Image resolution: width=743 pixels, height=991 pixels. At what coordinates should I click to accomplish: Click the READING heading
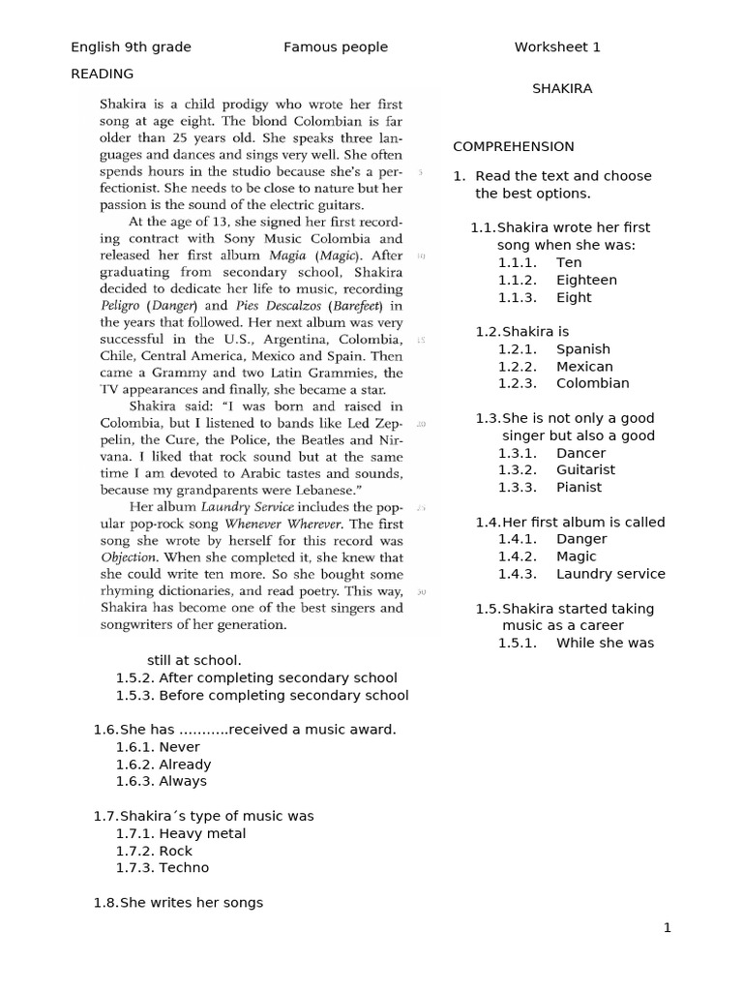[x=103, y=74]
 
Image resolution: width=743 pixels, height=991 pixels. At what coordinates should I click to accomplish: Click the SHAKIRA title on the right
[x=562, y=88]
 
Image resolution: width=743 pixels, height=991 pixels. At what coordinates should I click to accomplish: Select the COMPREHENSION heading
[x=514, y=146]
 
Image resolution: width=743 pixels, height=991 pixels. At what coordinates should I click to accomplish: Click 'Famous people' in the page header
[x=336, y=46]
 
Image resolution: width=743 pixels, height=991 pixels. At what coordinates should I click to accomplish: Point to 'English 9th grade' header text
[x=131, y=46]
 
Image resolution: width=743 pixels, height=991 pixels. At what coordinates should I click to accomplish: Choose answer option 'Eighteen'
[x=586, y=280]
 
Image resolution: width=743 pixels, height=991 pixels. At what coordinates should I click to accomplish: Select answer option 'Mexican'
[x=584, y=366]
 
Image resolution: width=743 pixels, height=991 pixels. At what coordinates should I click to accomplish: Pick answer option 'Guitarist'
[x=585, y=469]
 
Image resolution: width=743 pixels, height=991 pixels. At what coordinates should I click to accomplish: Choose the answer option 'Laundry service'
[x=610, y=573]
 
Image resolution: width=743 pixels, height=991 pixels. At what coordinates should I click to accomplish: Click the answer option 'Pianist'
[x=579, y=487]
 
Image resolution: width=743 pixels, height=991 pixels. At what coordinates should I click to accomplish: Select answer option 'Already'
[x=185, y=764]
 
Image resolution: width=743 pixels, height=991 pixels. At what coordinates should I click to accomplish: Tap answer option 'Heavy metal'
[x=202, y=832]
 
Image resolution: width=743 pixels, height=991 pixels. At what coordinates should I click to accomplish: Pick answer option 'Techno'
[x=184, y=867]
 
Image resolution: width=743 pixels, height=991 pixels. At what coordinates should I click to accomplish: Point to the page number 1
[x=667, y=928]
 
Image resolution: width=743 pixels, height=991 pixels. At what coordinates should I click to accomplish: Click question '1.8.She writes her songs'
[x=178, y=902]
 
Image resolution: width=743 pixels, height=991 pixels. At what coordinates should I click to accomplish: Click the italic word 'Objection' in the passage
[x=129, y=557]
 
